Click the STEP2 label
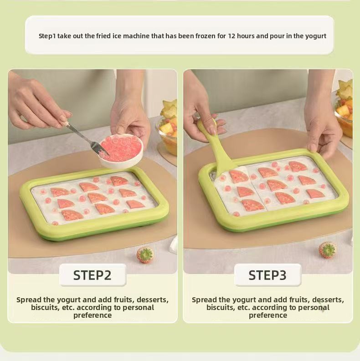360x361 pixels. [x=92, y=275]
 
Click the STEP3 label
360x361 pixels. [x=267, y=275]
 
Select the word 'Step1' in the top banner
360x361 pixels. [x=47, y=36]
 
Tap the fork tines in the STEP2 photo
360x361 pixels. [x=99, y=149]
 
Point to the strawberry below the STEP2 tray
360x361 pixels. [x=145, y=255]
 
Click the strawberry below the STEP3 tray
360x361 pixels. [x=327, y=250]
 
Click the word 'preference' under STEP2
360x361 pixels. [x=93, y=315]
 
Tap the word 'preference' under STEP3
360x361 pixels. [x=268, y=315]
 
